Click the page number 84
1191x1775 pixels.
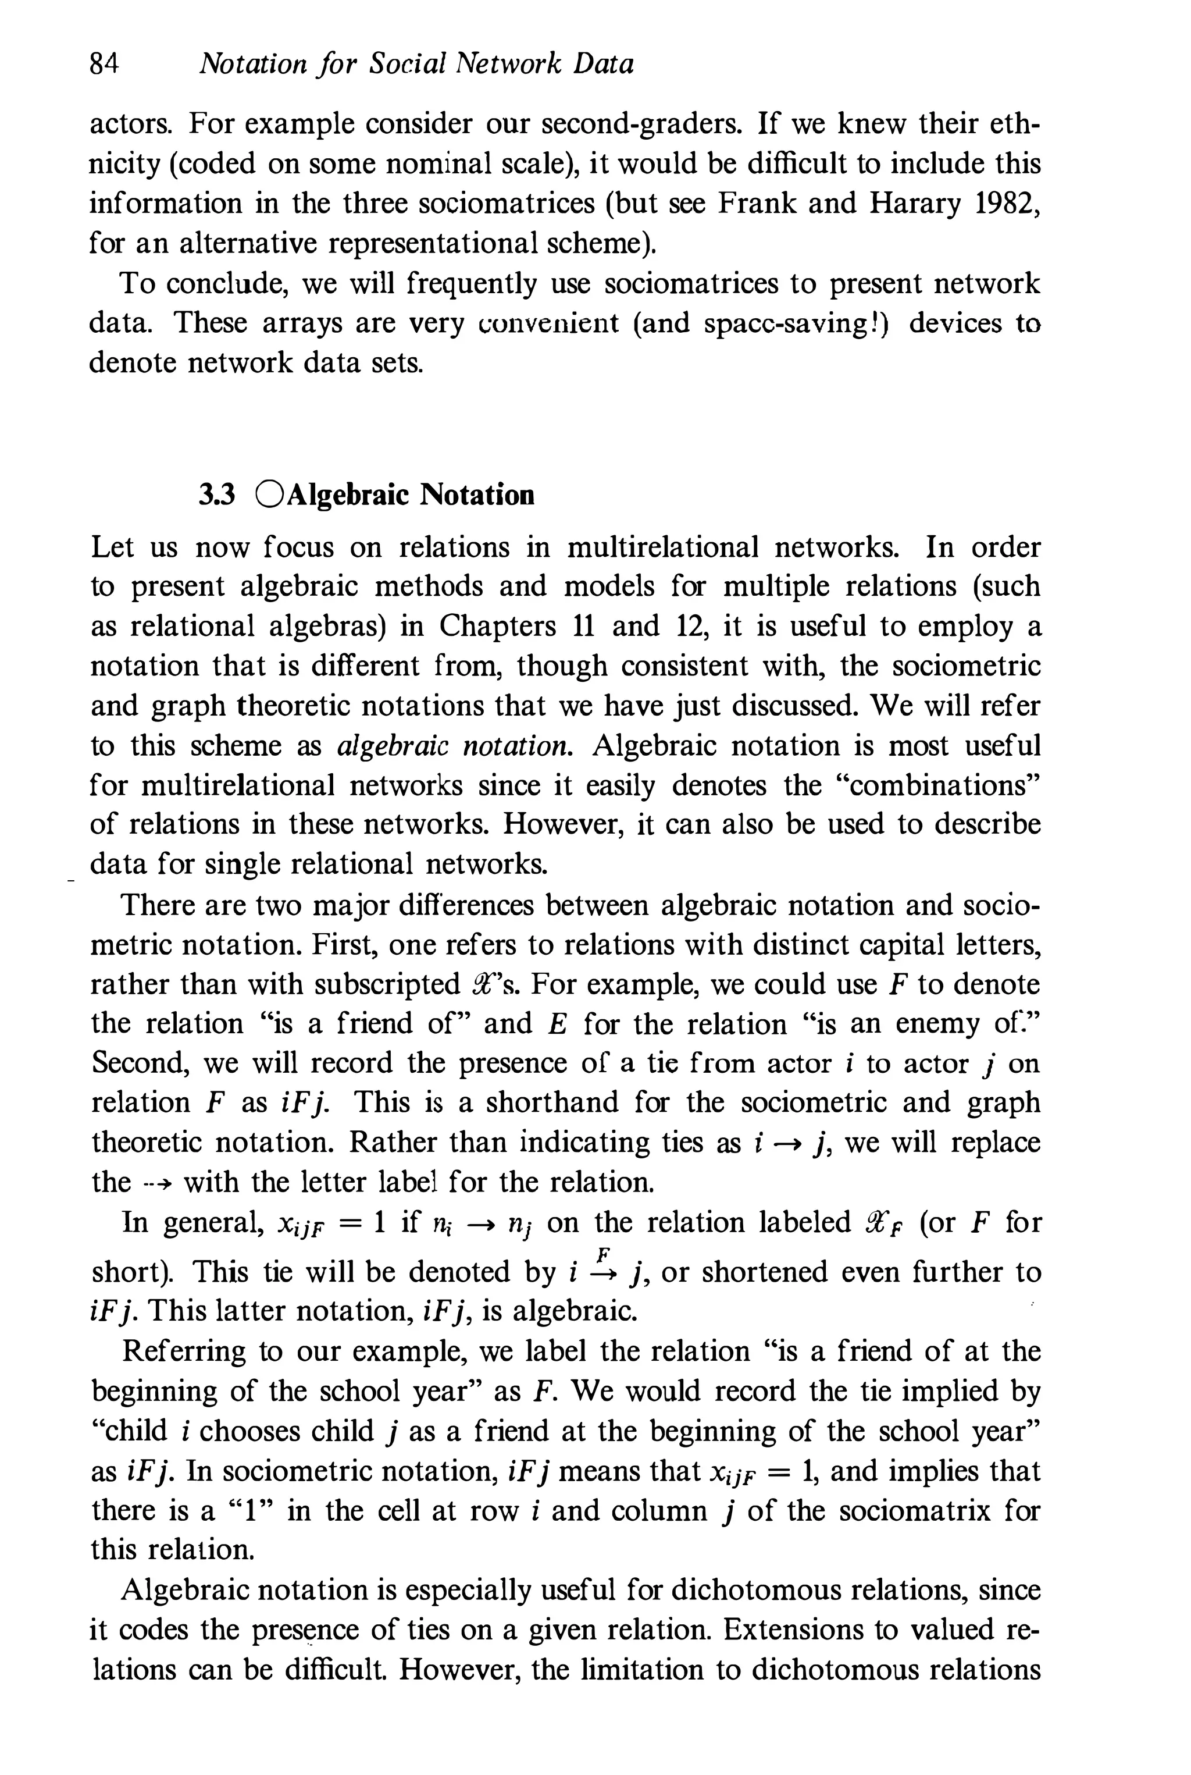point(104,64)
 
